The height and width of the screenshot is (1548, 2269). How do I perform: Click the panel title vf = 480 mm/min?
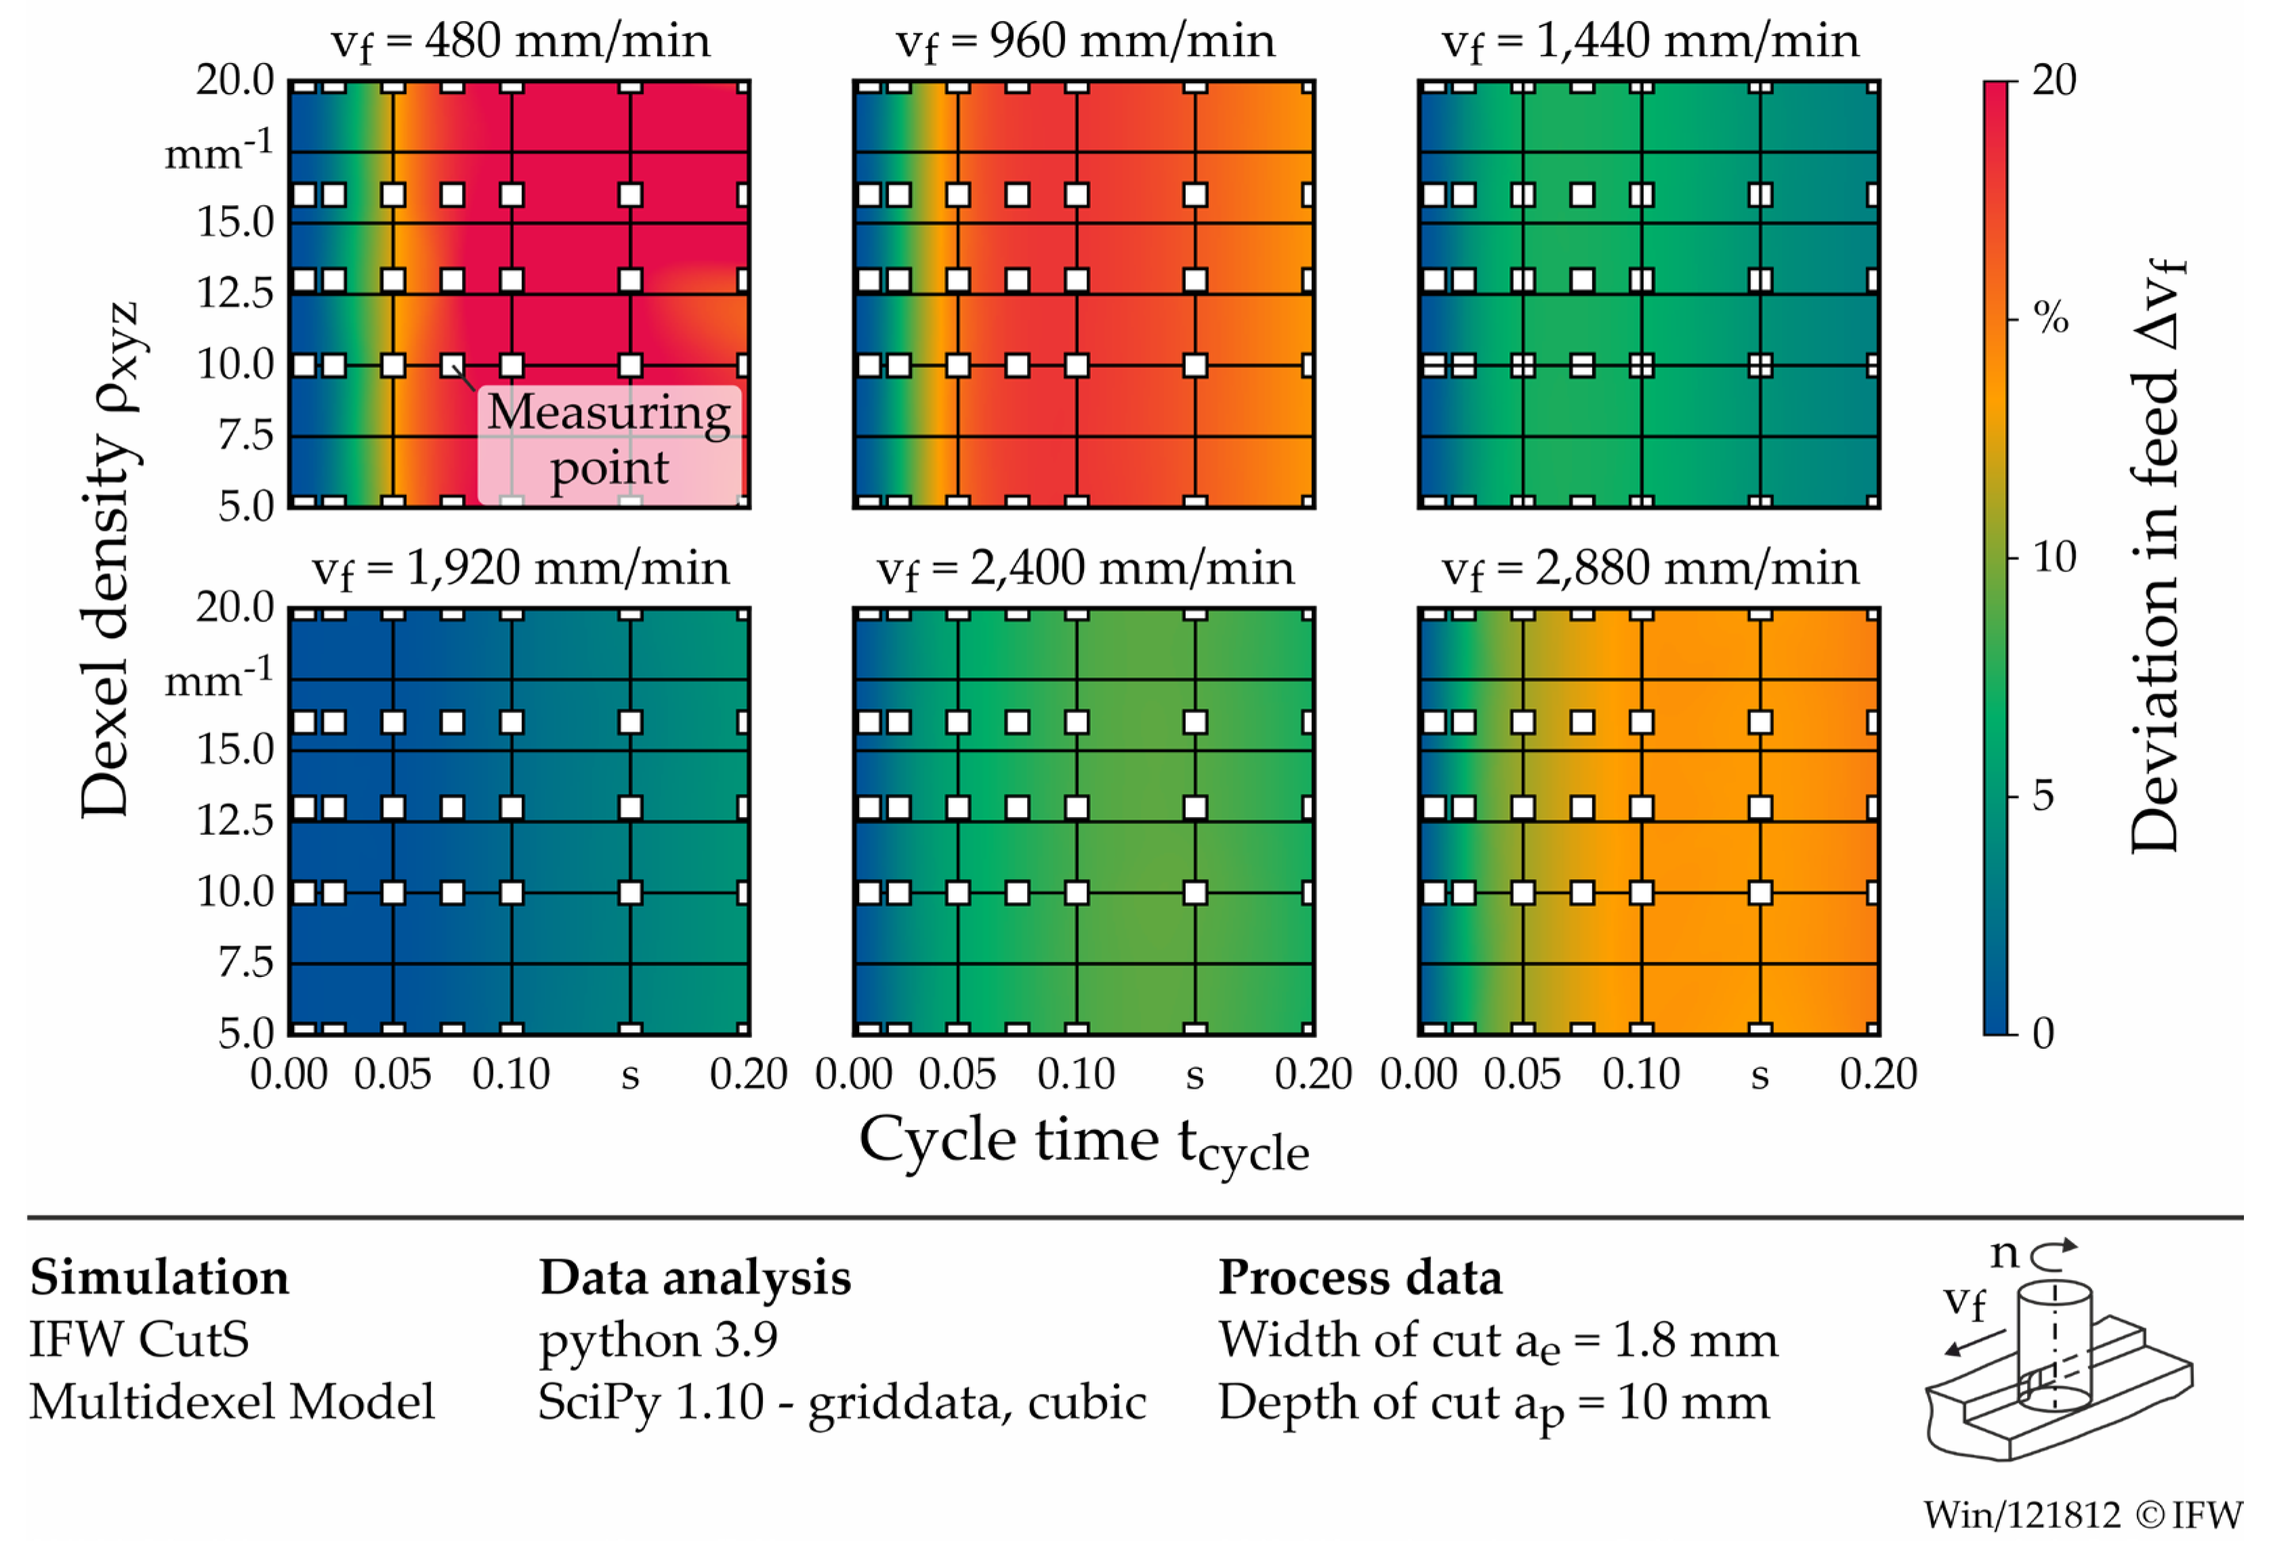(x=520, y=42)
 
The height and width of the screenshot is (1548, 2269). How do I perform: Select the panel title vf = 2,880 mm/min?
(x=1649, y=569)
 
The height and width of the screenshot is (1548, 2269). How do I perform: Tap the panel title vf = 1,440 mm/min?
(x=1649, y=42)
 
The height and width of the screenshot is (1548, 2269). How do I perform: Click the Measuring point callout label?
(x=609, y=439)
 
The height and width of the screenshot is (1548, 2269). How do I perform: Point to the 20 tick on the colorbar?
(x=2054, y=80)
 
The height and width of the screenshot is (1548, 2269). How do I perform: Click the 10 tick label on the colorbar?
(x=2054, y=558)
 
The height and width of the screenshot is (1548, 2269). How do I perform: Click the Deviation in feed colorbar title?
(x=2154, y=556)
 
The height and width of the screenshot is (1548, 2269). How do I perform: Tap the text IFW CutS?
(x=139, y=1339)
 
